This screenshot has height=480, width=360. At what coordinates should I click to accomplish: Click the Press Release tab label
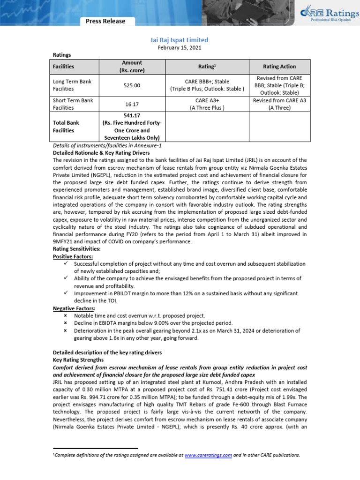(105, 21)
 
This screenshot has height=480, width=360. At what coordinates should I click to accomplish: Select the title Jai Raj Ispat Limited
(180, 40)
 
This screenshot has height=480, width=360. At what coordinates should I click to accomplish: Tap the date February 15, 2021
(180, 48)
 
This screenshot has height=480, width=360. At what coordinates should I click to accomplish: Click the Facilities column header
(63, 67)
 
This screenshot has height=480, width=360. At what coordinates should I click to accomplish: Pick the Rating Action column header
(279, 67)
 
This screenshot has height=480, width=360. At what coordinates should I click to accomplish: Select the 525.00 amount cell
(131, 86)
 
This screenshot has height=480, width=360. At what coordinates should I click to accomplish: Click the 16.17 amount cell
(131, 104)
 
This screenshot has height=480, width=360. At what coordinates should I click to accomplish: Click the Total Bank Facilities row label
(66, 126)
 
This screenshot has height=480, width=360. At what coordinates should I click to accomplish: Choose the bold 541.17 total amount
(131, 115)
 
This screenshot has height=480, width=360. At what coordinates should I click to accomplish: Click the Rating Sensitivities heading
(76, 249)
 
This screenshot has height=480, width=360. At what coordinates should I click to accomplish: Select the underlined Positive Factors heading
(73, 257)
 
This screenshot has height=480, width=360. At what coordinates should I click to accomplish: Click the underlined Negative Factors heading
(74, 308)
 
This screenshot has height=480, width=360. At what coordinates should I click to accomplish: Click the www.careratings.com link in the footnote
(209, 455)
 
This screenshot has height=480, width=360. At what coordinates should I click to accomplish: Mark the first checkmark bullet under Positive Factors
(66, 264)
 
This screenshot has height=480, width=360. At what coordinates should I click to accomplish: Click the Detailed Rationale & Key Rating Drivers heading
(101, 153)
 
